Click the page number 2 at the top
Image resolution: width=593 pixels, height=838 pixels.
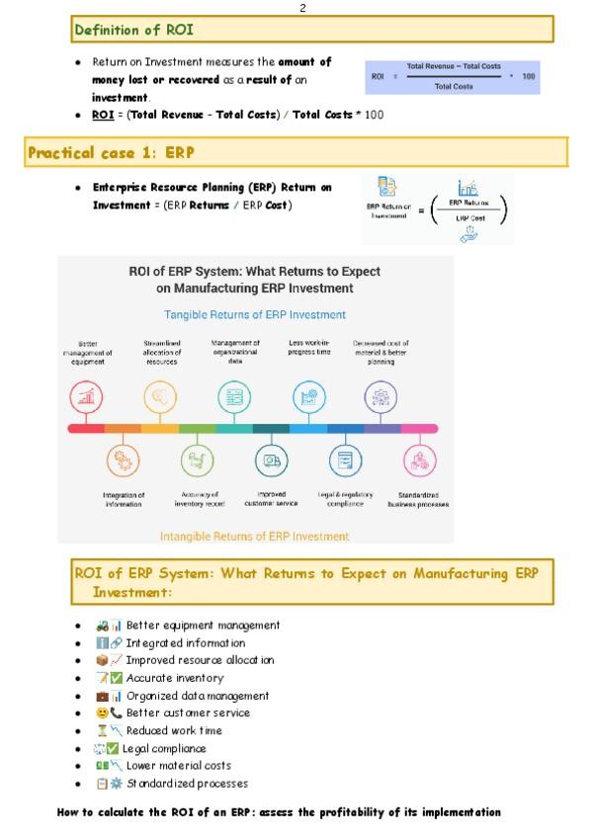[302, 8]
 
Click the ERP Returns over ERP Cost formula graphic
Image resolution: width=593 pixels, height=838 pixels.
[437, 209]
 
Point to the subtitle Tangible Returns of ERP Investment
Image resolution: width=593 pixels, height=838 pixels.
[254, 314]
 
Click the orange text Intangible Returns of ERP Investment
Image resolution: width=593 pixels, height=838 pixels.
[254, 537]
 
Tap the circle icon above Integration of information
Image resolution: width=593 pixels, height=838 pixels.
[124, 461]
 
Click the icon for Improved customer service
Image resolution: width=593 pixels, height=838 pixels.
[271, 461]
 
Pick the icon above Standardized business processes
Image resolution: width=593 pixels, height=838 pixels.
[419, 461]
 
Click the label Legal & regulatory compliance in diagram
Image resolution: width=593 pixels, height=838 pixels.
[345, 498]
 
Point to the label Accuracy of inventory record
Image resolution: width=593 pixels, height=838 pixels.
[198, 498]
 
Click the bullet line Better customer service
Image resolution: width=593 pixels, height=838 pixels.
[188, 712]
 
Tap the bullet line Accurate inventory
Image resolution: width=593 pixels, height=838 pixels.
[174, 678]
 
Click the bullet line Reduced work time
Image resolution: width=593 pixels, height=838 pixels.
[174, 730]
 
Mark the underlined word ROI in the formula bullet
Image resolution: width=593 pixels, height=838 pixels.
[106, 116]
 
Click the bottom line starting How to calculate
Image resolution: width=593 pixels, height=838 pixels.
[280, 812]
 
